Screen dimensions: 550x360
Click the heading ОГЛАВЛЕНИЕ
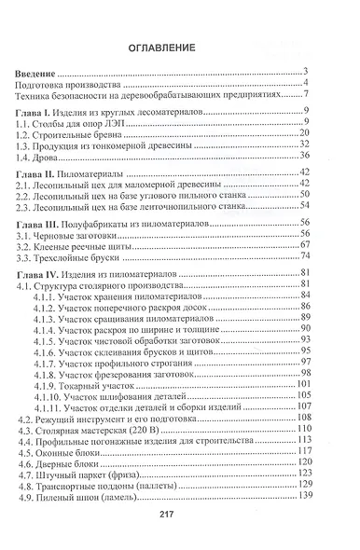click(179, 50)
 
